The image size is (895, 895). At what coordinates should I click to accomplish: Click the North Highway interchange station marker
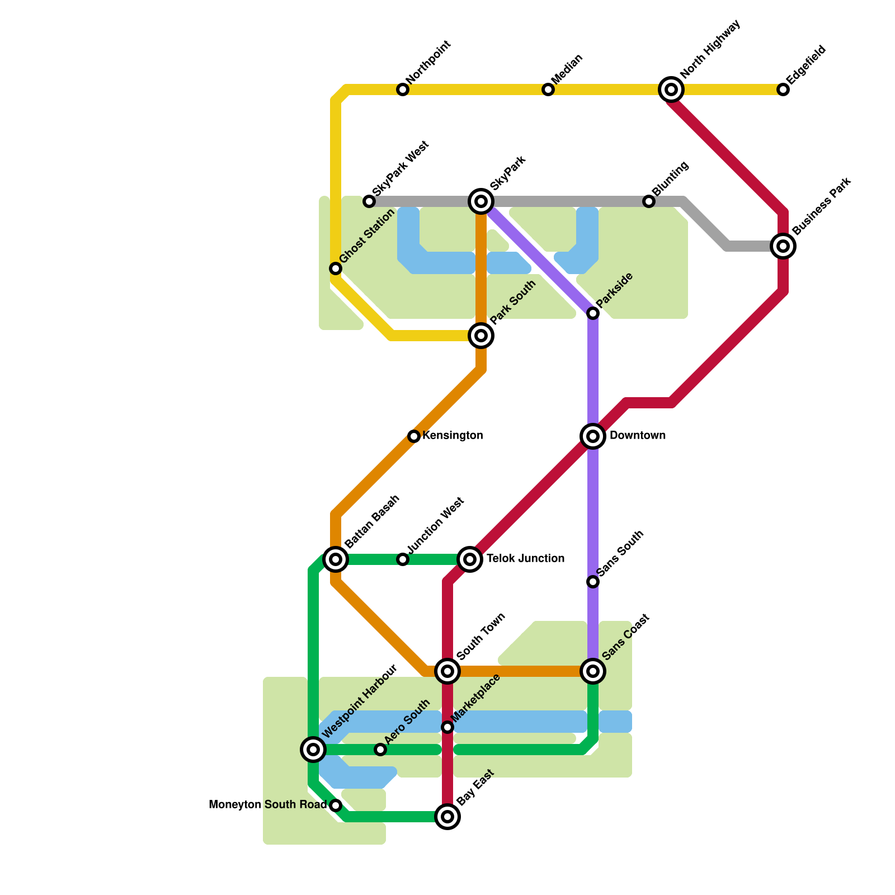coord(671,89)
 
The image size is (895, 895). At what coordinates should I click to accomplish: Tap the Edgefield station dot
coord(783,89)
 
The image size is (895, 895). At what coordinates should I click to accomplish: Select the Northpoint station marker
coord(403,89)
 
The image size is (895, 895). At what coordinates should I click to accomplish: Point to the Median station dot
coord(548,89)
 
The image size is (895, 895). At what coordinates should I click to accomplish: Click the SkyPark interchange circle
coord(481,201)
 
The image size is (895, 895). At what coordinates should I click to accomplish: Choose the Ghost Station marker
coord(336,268)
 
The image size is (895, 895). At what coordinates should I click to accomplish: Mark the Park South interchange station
coord(481,336)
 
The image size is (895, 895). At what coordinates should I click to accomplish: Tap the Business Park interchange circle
coord(783,246)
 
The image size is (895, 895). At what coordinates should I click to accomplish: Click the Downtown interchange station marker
coord(593,436)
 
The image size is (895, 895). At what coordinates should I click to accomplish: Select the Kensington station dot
coord(414,436)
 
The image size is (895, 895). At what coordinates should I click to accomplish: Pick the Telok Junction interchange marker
coord(470,559)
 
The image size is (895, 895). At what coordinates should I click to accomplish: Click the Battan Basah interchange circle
coord(336,559)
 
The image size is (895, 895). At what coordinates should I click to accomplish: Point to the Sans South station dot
coord(593,582)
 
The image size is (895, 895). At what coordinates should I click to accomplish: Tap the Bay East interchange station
coord(447,817)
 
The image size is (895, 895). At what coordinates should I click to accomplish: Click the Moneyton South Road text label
coord(267,805)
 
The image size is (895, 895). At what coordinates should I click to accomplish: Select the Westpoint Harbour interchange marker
coord(313,750)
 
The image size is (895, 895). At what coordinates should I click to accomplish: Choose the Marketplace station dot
coord(447,727)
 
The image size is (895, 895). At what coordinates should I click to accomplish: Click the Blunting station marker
coord(649,201)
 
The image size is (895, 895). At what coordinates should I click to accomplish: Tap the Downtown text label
coord(638,436)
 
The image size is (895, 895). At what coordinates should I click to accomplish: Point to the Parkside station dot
coord(593,313)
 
